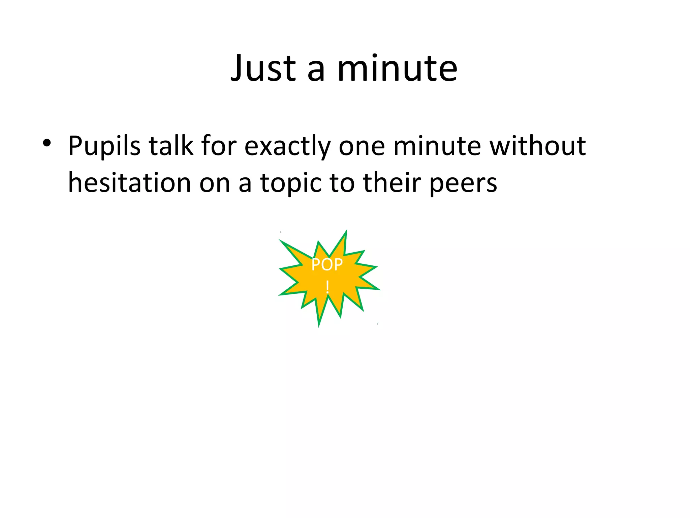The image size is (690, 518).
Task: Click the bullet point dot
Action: (x=47, y=143)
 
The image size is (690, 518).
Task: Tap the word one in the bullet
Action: (x=362, y=147)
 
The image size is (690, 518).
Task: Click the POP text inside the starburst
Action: (x=327, y=265)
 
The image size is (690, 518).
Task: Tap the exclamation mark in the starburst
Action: (x=327, y=287)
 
